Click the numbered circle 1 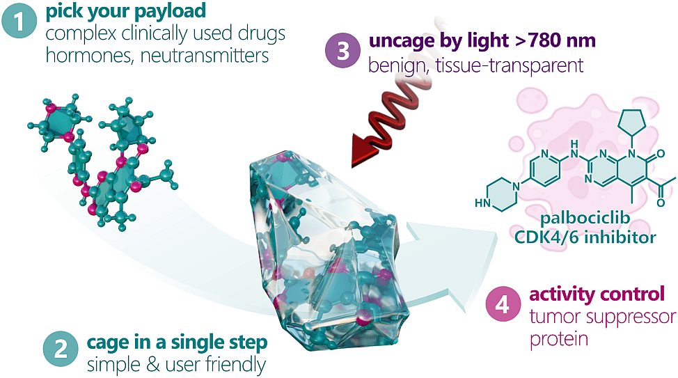[x=23, y=21]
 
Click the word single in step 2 [x=186, y=343]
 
